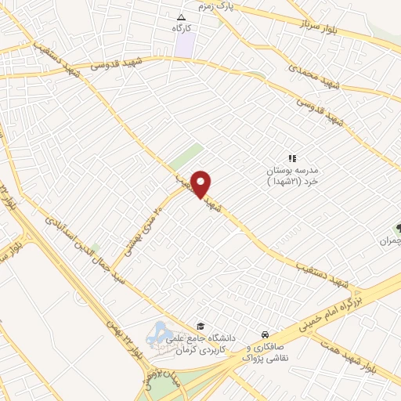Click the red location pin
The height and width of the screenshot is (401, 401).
pos(202,183)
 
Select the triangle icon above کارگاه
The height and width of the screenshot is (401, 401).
pos(182,16)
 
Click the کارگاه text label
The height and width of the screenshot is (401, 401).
pos(182,27)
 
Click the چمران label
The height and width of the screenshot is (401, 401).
pos(390,240)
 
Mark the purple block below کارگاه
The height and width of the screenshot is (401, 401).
pos(184,44)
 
